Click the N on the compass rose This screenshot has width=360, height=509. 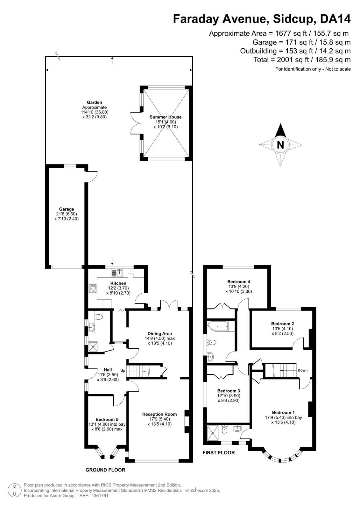pyautogui.click(x=280, y=145)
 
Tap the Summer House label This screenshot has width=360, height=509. pyautogui.click(x=166, y=117)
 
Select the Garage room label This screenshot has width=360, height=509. pyautogui.click(x=67, y=209)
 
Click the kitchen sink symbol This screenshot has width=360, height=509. pyautogui.click(x=117, y=273)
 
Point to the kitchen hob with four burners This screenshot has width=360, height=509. pyautogui.click(x=93, y=289)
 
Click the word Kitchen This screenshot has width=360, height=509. pyautogui.click(x=118, y=283)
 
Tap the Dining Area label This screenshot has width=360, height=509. pyautogui.click(x=159, y=334)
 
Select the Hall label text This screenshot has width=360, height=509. pyautogui.click(x=108, y=370)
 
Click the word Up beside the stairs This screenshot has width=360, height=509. pyautogui.click(x=123, y=371)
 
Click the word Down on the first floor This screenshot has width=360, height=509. pyautogui.click(x=302, y=370)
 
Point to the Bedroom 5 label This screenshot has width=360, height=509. pyautogui.click(x=107, y=419)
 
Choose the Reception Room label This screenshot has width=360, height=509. pyautogui.click(x=159, y=414)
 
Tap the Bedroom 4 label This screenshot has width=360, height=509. pyautogui.click(x=239, y=282)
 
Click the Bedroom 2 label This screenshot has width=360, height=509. pyautogui.click(x=282, y=324)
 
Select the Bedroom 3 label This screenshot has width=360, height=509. pyautogui.click(x=229, y=391)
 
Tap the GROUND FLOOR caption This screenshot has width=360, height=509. pyautogui.click(x=105, y=470)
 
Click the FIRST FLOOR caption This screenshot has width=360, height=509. pyautogui.click(x=219, y=452)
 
